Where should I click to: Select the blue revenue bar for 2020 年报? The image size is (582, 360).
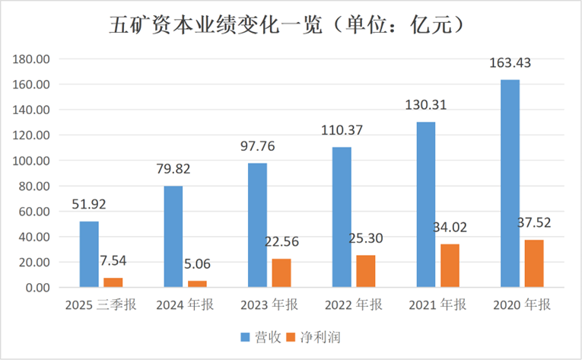click(x=510, y=183)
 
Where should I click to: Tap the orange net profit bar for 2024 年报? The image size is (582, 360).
click(x=197, y=284)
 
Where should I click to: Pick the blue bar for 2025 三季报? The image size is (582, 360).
click(x=89, y=254)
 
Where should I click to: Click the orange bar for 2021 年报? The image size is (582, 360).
click(x=450, y=266)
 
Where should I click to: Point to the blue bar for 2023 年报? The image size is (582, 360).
click(x=257, y=225)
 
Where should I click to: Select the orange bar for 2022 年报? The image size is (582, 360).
click(x=366, y=271)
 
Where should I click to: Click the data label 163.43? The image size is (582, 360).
click(x=510, y=64)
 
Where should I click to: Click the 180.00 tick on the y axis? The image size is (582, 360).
click(x=33, y=59)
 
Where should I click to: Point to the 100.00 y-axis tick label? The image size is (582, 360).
click(x=33, y=161)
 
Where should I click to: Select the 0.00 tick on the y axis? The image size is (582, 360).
click(x=38, y=288)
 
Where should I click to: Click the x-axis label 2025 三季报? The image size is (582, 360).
click(x=100, y=305)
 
